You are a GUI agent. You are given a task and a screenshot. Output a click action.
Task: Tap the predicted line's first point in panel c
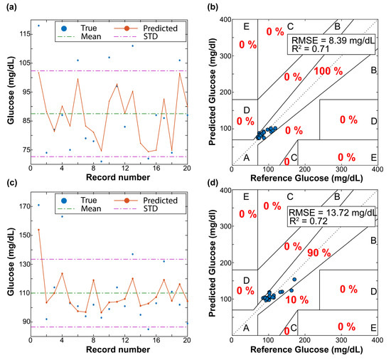[x=38, y=229]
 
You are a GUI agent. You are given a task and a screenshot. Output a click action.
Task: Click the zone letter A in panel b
[x=245, y=157]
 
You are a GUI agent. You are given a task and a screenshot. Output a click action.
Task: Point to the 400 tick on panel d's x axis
[x=377, y=341]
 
